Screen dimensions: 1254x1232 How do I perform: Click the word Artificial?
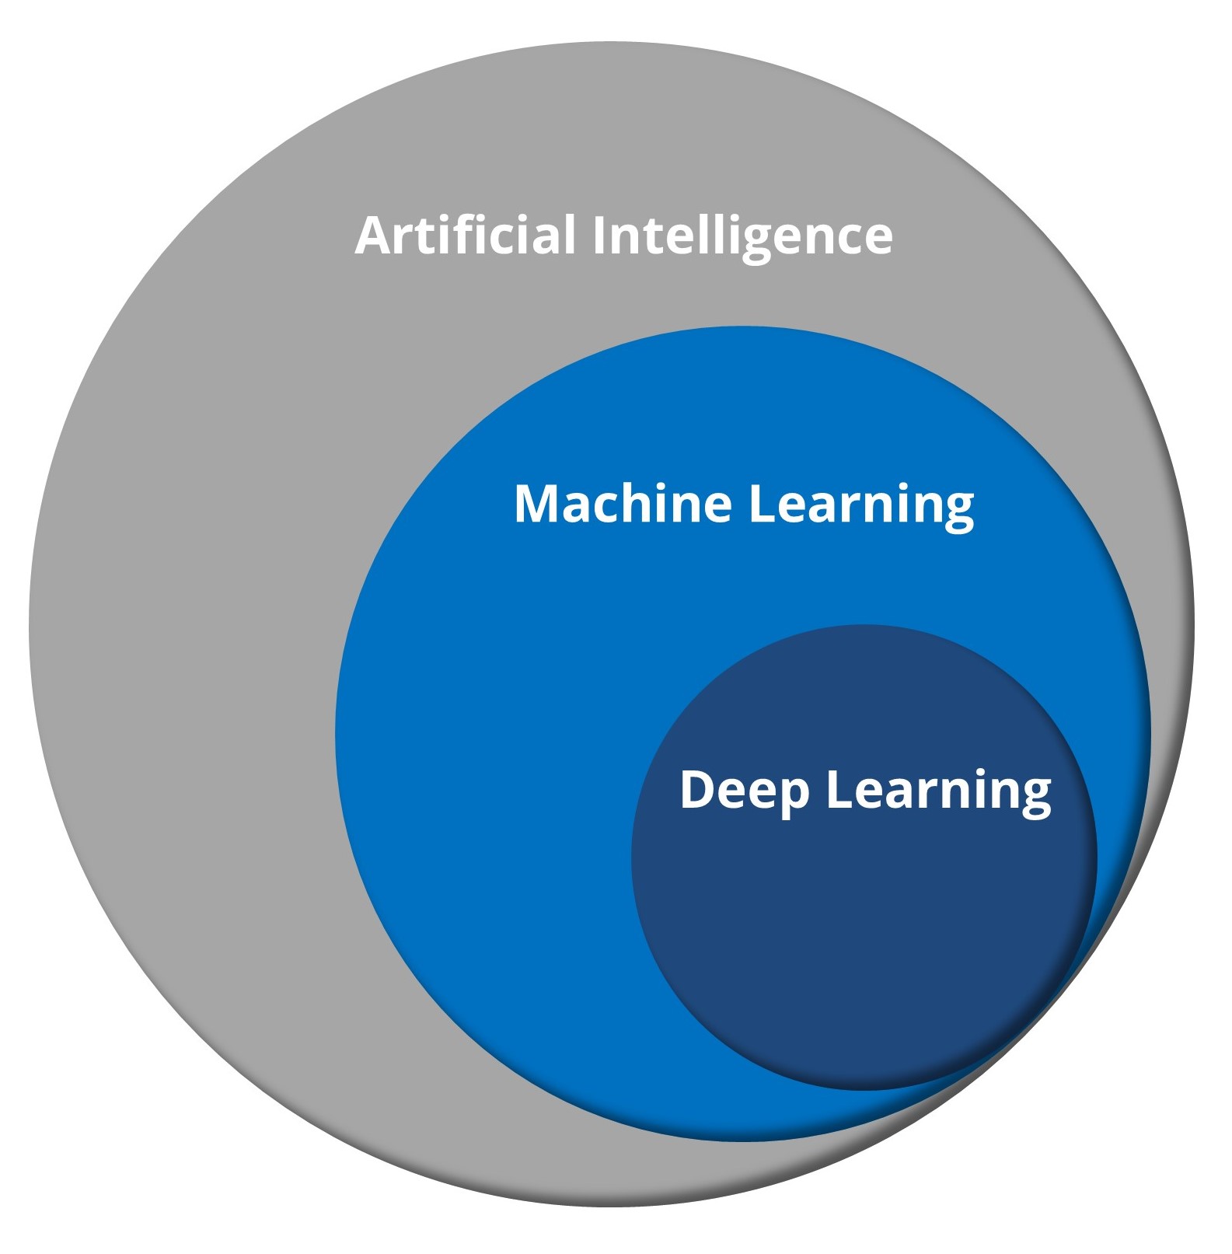(x=465, y=235)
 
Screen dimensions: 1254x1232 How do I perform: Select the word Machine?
(x=623, y=504)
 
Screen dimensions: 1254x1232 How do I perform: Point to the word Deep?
(x=745, y=791)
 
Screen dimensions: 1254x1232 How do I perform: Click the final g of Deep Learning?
(x=1035, y=797)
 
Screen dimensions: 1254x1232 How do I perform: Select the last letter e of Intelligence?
(x=876, y=239)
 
